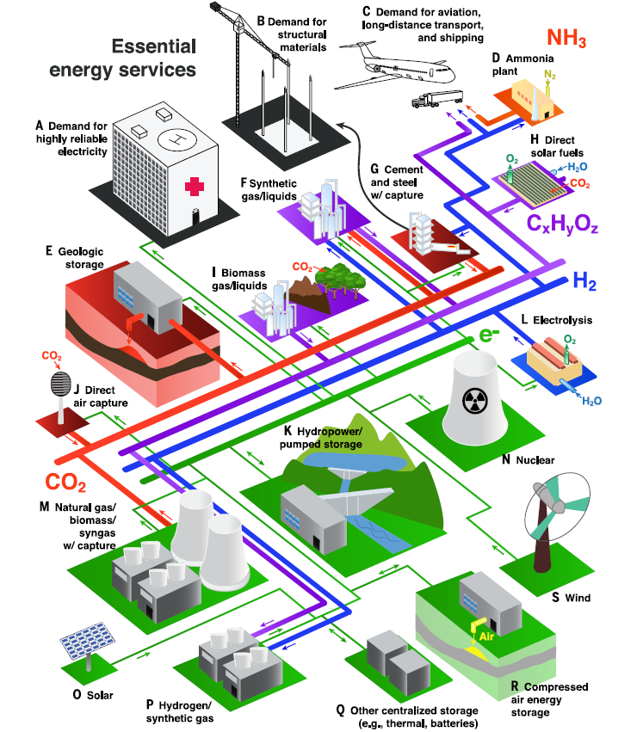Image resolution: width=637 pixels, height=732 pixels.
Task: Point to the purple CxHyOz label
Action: point(562,225)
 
